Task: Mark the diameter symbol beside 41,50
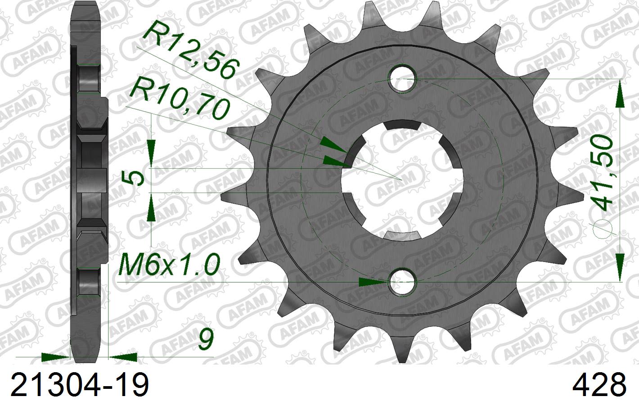[x=603, y=230]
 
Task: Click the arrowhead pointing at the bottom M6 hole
[x=373, y=282]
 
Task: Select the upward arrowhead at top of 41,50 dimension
[x=620, y=97]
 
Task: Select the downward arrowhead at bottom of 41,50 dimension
[x=620, y=263]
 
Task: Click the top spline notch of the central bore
[x=403, y=126]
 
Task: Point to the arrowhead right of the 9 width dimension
[x=123, y=357]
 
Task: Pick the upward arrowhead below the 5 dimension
[x=151, y=210]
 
